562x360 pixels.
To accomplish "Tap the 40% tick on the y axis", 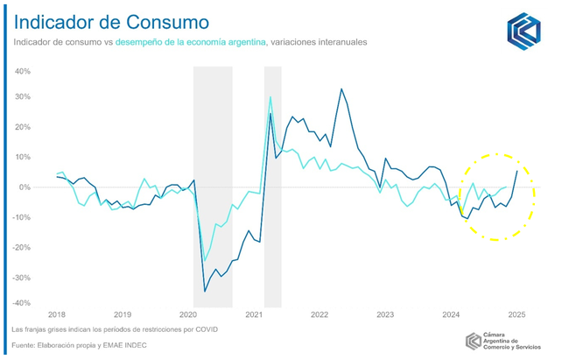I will pyautogui.click(x=23, y=70).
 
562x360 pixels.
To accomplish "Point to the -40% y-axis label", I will pyautogui.click(x=22, y=304).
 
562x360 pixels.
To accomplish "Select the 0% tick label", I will pyautogui.click(x=26, y=187).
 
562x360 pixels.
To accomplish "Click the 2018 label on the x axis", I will pyautogui.click(x=57, y=314).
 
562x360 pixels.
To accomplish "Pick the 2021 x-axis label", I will pyautogui.click(x=254, y=314).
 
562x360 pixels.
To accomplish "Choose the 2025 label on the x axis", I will pyautogui.click(x=516, y=314).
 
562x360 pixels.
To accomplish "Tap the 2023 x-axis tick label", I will pyautogui.click(x=385, y=314).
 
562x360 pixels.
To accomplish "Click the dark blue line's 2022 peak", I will pyautogui.click(x=341, y=89).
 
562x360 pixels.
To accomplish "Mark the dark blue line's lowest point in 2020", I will pyautogui.click(x=206, y=291).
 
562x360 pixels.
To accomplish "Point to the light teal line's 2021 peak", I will pyautogui.click(x=270, y=97).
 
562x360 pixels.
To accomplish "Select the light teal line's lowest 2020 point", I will pyautogui.click(x=205, y=261).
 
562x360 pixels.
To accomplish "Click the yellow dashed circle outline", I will pyautogui.click(x=535, y=197).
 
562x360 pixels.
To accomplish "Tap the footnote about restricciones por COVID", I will pyautogui.click(x=114, y=329).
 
